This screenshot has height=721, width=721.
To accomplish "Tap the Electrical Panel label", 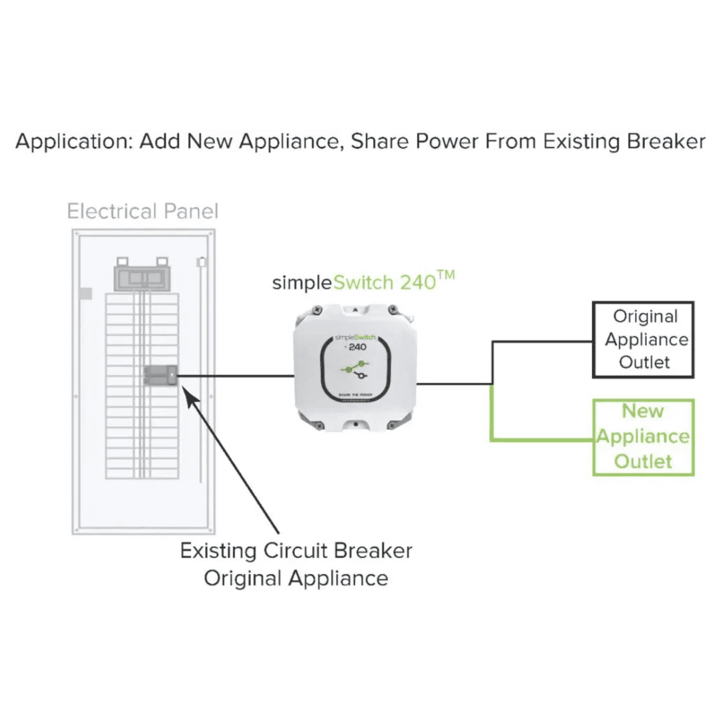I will pos(143,212).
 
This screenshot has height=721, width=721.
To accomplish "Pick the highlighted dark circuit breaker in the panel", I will pos(160,376).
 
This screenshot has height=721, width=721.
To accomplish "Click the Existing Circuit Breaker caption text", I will pos(296,551).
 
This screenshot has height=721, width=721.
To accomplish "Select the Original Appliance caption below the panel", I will pos(296,577).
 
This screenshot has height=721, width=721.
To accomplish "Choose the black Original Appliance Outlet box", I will pos(643,339).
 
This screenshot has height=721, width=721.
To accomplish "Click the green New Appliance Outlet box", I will pos(643,437).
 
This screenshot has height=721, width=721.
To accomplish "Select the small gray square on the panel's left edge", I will pos(85,292).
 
